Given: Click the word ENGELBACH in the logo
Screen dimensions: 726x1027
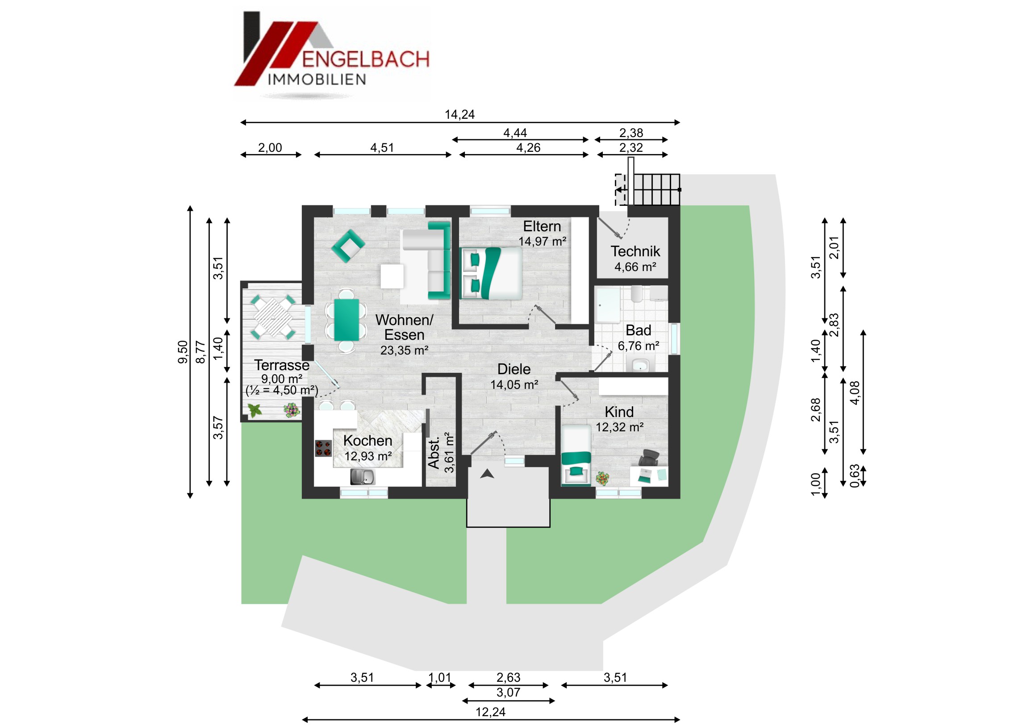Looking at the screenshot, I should pos(365,59).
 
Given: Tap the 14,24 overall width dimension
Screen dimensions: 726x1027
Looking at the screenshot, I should pos(459,114).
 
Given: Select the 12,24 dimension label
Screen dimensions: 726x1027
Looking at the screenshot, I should pos(490,712).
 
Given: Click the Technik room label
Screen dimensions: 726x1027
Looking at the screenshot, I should pos(635,251).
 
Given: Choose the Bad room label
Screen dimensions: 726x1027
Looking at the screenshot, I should pos(638,330).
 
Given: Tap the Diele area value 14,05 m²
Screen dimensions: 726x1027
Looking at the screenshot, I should pos(514,385).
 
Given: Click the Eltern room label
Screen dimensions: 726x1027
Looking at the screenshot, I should pos(542,226).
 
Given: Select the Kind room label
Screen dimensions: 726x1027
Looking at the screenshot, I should pos(619,412).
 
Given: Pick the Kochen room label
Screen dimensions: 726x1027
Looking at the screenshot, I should pos(367,441).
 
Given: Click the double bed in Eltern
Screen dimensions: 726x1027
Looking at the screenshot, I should pos(491,273).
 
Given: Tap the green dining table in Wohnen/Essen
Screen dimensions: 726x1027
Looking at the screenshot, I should pos(346,319).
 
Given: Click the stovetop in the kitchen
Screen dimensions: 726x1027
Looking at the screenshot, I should pos(323,448).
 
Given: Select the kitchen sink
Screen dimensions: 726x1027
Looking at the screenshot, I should pos(362,477).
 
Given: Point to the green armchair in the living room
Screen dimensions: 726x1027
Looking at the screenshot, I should pos(348,246).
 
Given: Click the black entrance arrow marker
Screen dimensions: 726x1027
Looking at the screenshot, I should pos(487,474).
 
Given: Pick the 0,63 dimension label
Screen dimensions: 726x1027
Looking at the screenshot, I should pos(854,476).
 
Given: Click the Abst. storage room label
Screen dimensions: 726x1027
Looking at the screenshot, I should pos(433,454).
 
